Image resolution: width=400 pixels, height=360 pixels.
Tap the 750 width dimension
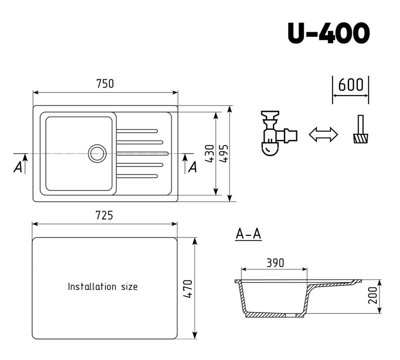pos(105,84)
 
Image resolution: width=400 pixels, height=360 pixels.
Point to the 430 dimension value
pos(209,153)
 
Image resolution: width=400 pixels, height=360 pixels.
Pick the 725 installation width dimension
pos(104,215)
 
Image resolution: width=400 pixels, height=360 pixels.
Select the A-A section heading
pos(248,233)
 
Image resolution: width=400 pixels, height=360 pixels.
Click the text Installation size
pos(102,287)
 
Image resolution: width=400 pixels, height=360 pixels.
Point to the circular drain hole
pos(96,153)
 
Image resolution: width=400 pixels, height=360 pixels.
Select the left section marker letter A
pos(18,167)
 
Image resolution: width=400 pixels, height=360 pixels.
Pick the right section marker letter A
pos(191,167)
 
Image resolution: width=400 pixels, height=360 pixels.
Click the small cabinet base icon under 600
pos(360,132)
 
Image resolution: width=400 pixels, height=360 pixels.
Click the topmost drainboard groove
pos(137,131)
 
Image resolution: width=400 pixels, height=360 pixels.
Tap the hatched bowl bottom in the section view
pos(272,315)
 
